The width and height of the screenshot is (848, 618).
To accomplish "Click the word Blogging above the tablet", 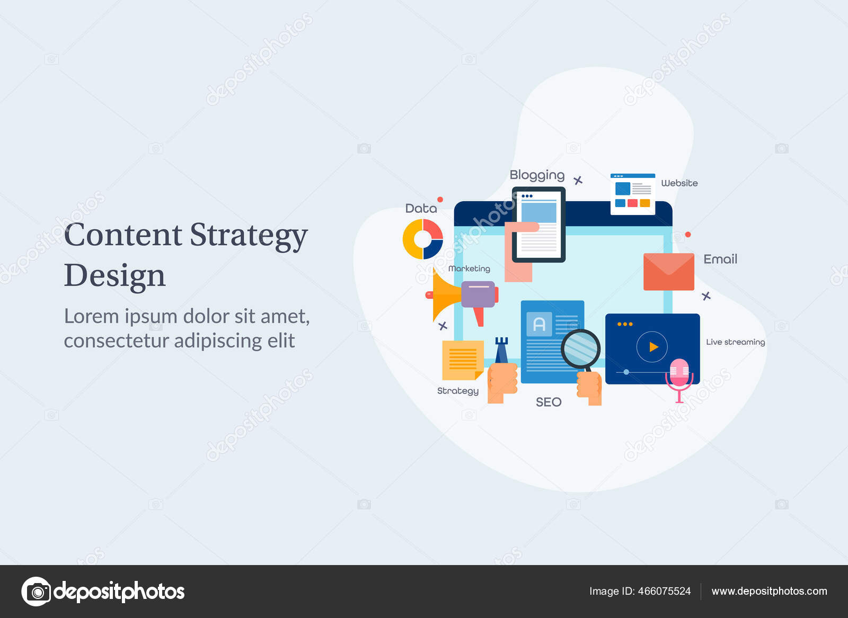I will click(537, 175).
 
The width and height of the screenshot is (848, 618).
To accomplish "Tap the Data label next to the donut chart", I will click(421, 209).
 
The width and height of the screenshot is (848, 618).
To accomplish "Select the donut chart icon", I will click(422, 239).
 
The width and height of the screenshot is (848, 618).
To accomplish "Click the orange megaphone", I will click(448, 295).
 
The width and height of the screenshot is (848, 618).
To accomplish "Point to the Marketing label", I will click(469, 269).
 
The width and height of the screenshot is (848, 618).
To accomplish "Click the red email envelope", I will click(668, 272).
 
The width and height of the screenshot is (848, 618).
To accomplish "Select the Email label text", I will click(720, 259).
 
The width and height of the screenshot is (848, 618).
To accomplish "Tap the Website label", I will click(679, 183).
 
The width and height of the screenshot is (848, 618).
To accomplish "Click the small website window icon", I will click(632, 194).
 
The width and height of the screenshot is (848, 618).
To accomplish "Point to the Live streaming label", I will click(735, 342).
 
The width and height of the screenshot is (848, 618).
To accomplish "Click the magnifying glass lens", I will click(580, 348).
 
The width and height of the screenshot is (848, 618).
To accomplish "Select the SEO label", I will click(548, 402).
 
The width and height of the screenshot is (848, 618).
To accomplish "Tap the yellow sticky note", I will click(462, 360).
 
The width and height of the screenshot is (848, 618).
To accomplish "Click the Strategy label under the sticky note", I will click(457, 391).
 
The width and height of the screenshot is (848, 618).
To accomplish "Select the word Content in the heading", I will click(123, 235).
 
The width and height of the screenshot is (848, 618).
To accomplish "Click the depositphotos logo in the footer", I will click(103, 592).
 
